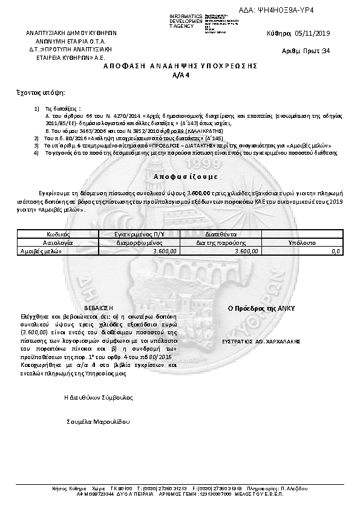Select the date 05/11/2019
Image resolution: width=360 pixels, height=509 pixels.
pos(313,33)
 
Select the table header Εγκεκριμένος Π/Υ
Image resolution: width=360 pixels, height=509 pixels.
pos(140,233)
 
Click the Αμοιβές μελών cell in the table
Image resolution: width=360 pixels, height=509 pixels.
pos(42,250)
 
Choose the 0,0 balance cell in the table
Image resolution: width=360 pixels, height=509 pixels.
pos(336,250)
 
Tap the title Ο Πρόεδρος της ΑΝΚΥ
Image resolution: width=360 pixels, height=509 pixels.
pos(260,308)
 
